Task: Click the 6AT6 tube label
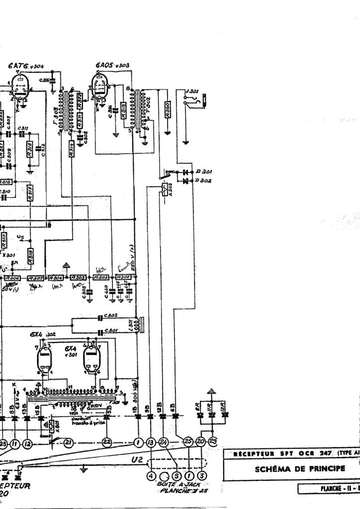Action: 19,66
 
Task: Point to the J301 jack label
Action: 191,91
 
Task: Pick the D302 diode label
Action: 204,180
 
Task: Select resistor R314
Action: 72,150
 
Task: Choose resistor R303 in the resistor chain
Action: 79,277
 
